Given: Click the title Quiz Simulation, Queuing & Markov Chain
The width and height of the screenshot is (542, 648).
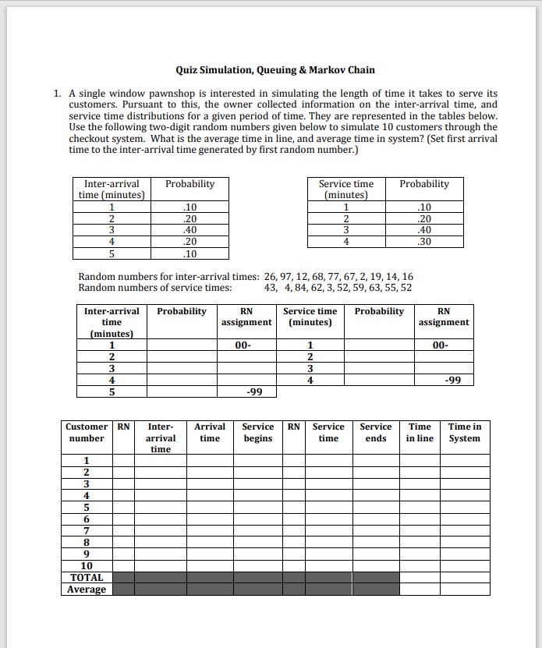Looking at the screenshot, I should [275, 69].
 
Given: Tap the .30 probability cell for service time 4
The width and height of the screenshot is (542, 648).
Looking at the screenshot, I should [423, 242].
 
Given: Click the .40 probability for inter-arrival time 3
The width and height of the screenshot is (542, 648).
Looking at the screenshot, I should [190, 230].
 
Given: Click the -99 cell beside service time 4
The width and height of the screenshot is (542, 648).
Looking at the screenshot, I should [444, 380].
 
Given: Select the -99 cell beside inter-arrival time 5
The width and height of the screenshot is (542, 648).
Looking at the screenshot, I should [246, 391].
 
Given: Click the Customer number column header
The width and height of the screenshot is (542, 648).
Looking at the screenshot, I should [87, 432].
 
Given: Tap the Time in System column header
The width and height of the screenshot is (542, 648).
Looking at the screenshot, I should [465, 432].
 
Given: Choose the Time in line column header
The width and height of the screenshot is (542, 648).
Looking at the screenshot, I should [420, 432].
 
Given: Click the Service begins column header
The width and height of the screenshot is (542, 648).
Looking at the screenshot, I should [257, 432].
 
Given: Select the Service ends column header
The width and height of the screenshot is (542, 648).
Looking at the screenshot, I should [376, 432].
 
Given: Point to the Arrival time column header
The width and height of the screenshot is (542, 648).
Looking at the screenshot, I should [210, 432].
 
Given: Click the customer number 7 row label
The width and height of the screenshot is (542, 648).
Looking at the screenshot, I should [87, 530].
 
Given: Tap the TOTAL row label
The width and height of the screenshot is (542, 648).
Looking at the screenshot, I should [87, 578].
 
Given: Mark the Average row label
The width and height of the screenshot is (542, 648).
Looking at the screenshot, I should [87, 590].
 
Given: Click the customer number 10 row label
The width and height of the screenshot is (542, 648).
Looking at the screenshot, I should [87, 566].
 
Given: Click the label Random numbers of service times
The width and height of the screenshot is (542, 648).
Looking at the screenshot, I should [155, 288].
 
